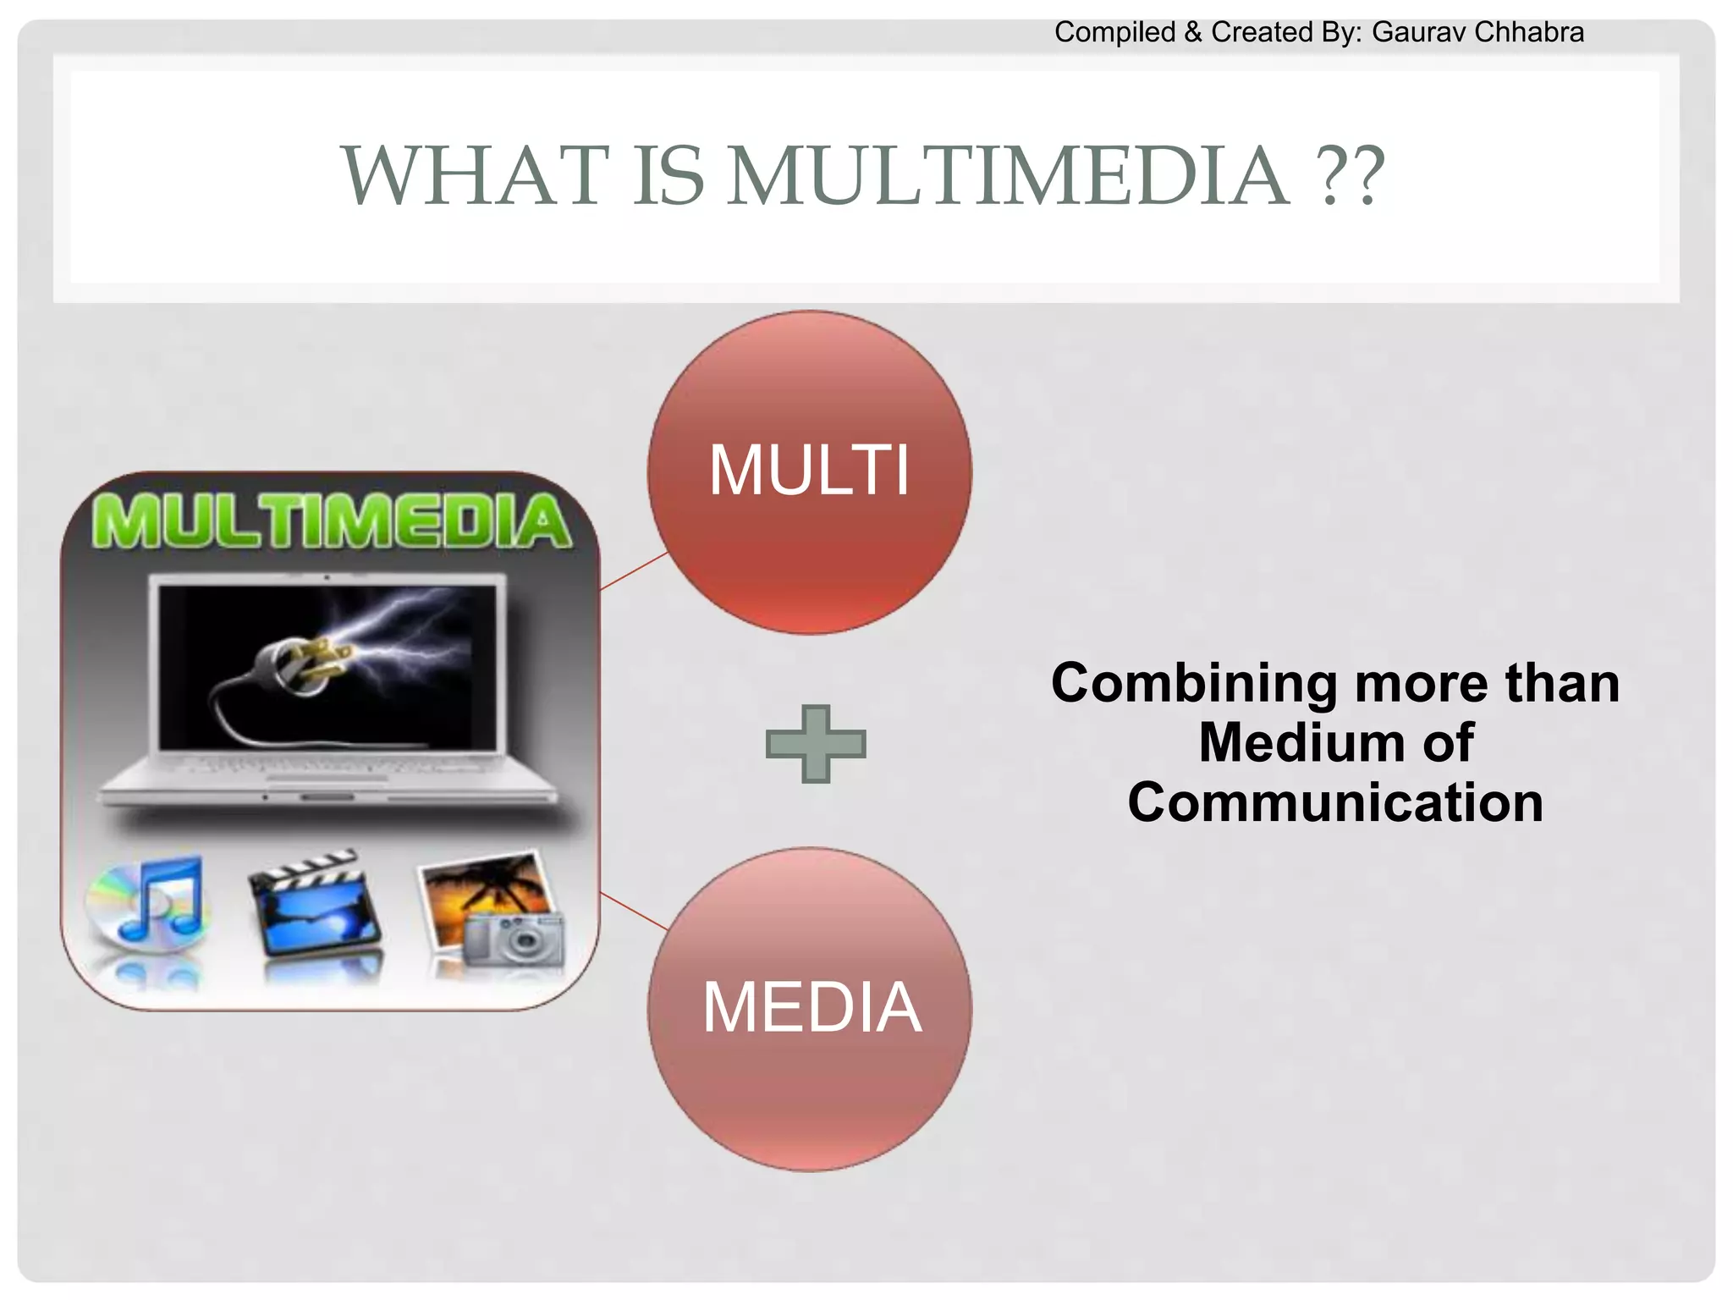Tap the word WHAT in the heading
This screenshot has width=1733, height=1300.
(x=475, y=176)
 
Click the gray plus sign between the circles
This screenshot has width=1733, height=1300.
(x=816, y=744)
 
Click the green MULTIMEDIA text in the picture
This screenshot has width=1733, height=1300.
(x=332, y=521)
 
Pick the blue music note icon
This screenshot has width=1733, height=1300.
(x=161, y=901)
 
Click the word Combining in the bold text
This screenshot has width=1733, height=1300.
(x=1193, y=684)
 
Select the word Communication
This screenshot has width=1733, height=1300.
(x=1335, y=802)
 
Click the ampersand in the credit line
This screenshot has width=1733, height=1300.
(x=1193, y=32)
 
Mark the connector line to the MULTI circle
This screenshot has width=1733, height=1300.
(x=634, y=571)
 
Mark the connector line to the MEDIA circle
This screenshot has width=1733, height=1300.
(x=634, y=910)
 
